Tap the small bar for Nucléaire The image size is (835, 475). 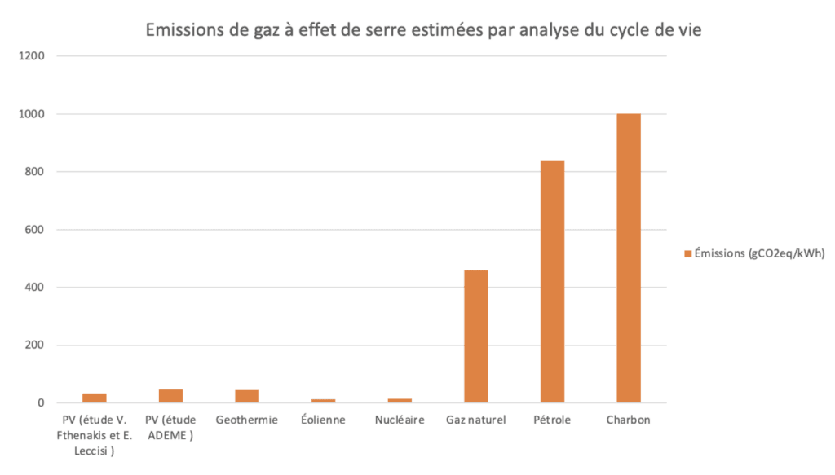pos(400,400)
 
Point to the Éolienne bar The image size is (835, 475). pos(323,400)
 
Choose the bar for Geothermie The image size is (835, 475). pos(247,396)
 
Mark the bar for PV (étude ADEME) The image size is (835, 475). pos(170,396)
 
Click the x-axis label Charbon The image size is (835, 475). pos(628,420)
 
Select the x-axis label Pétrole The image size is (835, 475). pos(552,420)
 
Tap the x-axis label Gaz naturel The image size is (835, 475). pos(476,420)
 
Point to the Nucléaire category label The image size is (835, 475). pos(400,420)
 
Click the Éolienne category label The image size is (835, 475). pos(323,420)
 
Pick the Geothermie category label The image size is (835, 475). pos(247,420)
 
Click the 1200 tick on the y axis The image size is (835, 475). pos(33,56)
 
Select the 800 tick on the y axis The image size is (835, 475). pos(37,172)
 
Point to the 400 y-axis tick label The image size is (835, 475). pos(37,288)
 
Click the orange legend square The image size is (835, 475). pos(687,254)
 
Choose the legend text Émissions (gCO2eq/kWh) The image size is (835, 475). pos(759,254)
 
